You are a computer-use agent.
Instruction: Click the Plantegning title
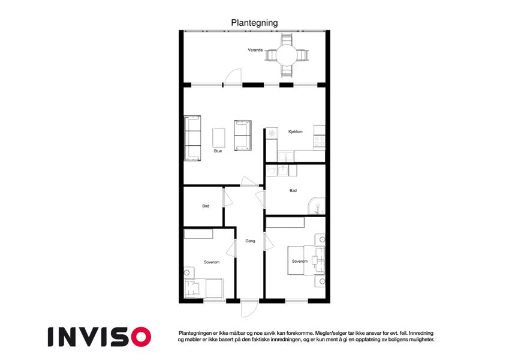tap(254, 23)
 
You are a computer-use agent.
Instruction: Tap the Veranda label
tap(255, 50)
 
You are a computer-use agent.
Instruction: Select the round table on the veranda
tap(287, 56)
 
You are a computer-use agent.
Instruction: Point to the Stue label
tap(218, 151)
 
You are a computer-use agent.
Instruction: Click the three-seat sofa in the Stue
tap(192, 138)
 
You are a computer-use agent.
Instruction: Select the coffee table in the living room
tap(219, 138)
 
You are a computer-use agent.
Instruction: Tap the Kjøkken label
tap(296, 131)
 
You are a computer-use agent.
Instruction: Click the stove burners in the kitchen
tap(319, 141)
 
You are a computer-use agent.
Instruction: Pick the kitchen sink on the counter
tap(286, 156)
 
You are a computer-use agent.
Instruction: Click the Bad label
tap(293, 191)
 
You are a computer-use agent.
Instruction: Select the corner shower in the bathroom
tap(317, 206)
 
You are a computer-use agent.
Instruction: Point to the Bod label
tap(206, 206)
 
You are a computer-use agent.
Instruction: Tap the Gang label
tap(250, 241)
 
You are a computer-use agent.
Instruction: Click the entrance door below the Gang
tap(249, 308)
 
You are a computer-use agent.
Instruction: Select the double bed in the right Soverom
tap(306, 260)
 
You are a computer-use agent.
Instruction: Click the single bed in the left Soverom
tap(203, 288)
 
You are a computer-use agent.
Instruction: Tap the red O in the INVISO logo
tap(141, 337)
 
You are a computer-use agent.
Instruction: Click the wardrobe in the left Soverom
tap(198, 234)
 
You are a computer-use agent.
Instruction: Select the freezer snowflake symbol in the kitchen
tap(272, 133)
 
